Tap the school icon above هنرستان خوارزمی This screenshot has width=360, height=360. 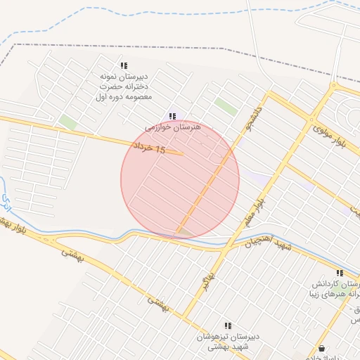[x=172, y=116]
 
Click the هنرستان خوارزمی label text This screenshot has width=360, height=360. [x=173, y=128]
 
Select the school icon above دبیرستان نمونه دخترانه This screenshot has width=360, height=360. [x=124, y=65]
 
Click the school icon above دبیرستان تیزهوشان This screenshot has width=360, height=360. [x=228, y=326]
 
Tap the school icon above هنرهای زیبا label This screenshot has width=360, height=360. [x=340, y=274]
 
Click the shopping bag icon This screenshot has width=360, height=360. [x=322, y=348]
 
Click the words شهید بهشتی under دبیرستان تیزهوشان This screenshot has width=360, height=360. [x=227, y=347]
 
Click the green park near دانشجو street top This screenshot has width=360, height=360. [x=226, y=106]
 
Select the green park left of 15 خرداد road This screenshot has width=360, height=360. [x=68, y=122]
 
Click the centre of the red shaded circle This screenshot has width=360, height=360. [x=180, y=179]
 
